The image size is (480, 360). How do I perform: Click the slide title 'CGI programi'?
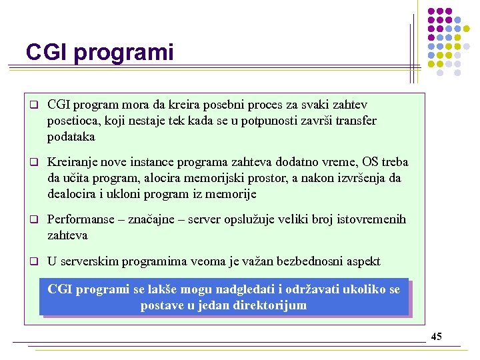pos(99,52)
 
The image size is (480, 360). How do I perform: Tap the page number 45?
pos(436,337)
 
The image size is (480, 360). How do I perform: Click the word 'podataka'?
pos(71,137)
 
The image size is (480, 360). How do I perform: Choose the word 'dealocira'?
pos(73,194)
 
